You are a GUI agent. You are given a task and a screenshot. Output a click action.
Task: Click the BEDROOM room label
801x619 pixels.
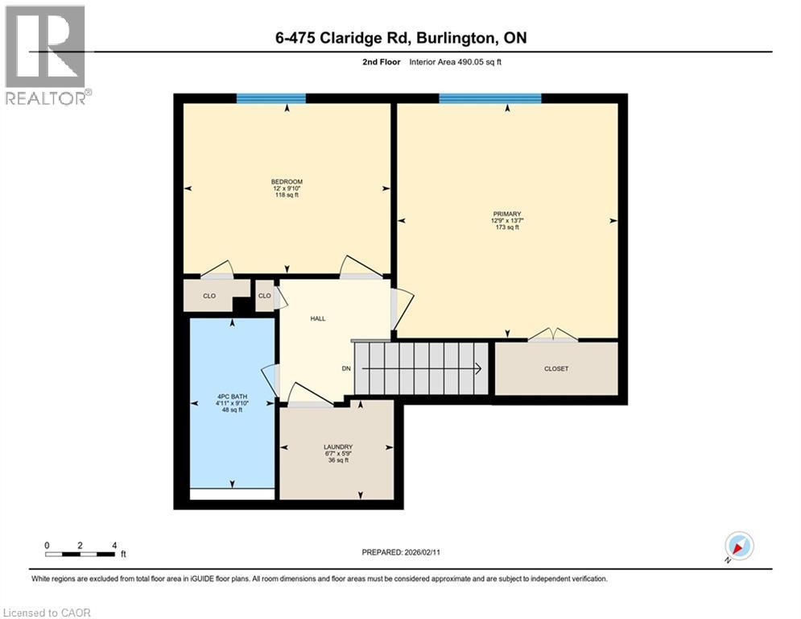287,181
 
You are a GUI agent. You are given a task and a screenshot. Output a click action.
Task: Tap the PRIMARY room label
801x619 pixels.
507,214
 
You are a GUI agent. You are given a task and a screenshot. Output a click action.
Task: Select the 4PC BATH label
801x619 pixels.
232,397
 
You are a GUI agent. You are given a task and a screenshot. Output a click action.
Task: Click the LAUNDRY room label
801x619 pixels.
338,447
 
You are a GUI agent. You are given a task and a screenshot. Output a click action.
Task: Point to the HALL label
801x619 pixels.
318,318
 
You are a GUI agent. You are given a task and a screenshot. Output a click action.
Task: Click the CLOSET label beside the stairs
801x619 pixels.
556,368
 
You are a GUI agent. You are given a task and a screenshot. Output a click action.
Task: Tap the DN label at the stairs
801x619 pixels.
346,368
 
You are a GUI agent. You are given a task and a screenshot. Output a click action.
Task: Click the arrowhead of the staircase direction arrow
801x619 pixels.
478,369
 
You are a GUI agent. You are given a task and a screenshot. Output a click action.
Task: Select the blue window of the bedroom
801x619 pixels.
271,98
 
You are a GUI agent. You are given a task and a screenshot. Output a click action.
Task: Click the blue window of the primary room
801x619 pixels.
489,98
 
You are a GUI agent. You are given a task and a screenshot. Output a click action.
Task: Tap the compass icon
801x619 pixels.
738,546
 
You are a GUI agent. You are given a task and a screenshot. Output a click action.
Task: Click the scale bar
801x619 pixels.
81,554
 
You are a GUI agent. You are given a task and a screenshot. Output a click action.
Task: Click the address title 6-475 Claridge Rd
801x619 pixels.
400,38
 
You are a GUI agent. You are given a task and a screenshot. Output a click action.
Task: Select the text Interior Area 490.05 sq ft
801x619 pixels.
456,62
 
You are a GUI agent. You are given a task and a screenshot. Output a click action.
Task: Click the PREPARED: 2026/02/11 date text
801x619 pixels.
400,552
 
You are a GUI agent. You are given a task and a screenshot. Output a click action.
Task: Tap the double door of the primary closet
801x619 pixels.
551,335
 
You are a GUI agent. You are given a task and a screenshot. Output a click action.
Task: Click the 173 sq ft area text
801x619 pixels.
507,227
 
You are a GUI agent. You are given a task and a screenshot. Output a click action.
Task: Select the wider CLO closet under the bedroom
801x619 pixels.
209,296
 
